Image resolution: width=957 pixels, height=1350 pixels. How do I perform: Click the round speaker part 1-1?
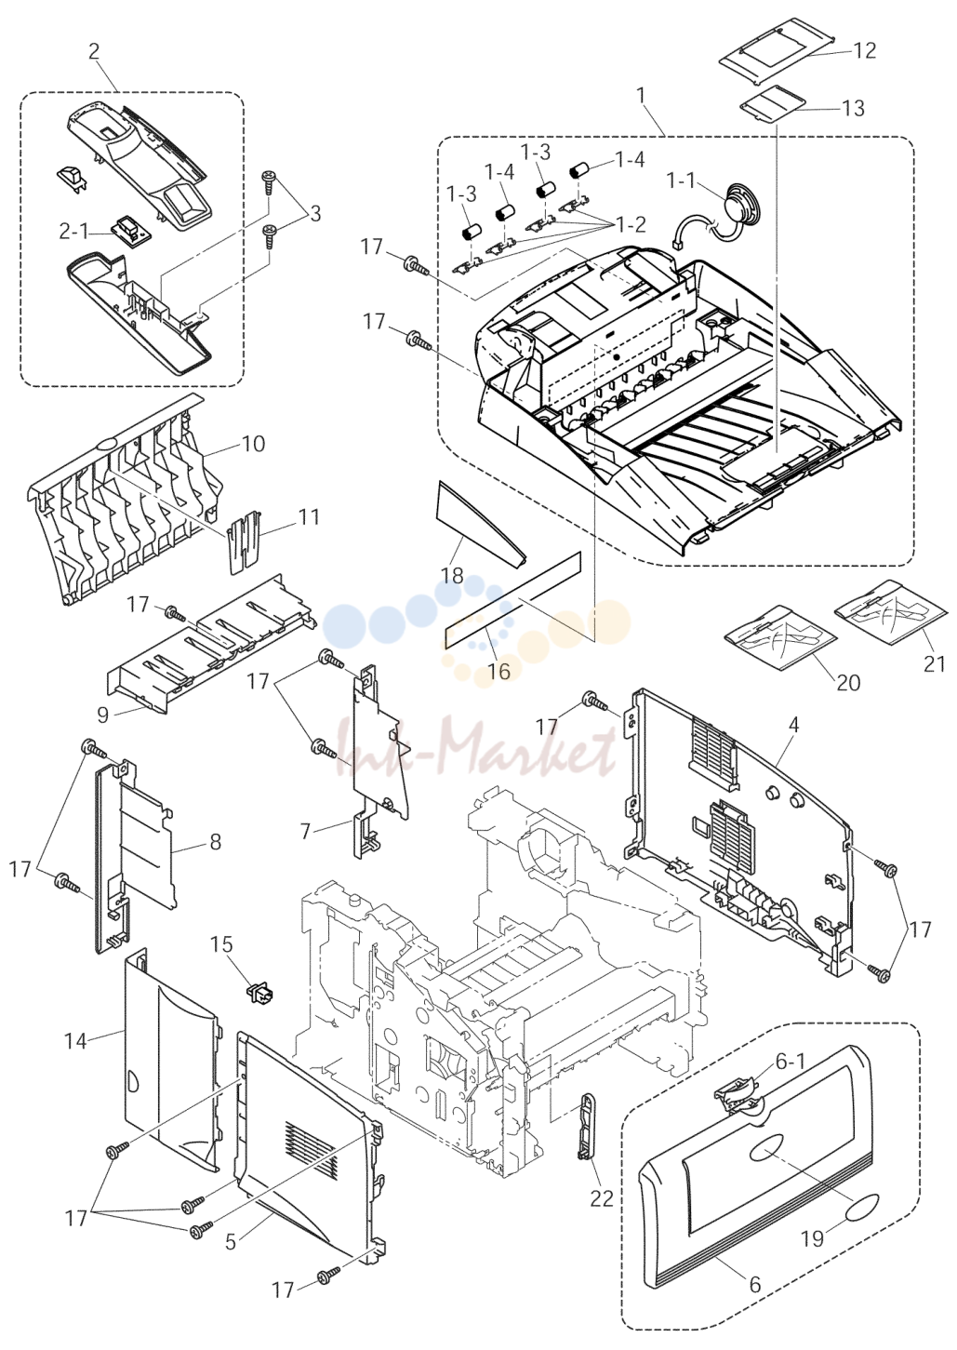(741, 205)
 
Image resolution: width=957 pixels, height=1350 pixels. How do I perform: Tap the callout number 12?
(864, 50)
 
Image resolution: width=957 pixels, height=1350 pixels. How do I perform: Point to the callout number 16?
(498, 670)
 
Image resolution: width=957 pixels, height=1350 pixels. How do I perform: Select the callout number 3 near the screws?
(314, 213)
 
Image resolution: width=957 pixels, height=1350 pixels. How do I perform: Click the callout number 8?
(215, 841)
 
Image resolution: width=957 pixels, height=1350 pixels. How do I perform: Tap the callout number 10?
(254, 444)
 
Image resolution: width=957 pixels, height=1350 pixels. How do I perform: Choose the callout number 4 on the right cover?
(794, 725)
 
